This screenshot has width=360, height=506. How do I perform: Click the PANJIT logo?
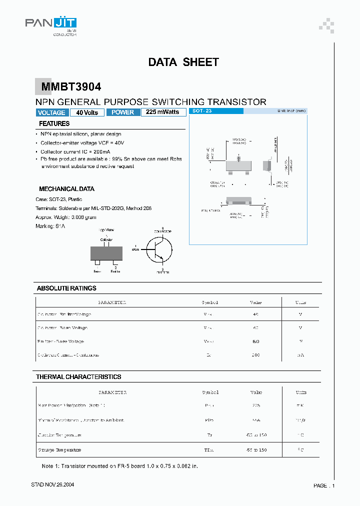click(51, 24)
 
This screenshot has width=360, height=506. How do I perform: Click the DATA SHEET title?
click(183, 62)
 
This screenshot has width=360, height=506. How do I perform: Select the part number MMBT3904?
click(71, 87)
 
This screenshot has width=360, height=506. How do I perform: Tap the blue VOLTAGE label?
click(51, 112)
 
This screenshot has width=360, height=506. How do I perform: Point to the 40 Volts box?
click(87, 112)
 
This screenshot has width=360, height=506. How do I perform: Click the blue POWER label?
click(122, 112)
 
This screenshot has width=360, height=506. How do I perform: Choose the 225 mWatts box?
click(163, 112)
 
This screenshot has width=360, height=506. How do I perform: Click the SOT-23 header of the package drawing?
click(202, 111)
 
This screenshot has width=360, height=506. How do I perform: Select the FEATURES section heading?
click(54, 123)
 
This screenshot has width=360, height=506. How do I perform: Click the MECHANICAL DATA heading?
click(66, 189)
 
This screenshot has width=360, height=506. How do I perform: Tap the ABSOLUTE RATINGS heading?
click(66, 288)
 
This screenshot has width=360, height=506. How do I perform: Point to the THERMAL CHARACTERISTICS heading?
click(78, 377)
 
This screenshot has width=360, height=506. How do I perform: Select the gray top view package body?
click(106, 253)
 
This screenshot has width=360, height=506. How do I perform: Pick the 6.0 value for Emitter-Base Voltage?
click(255, 341)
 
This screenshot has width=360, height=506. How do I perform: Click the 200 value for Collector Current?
click(255, 355)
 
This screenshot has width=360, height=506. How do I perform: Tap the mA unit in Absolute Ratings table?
click(300, 355)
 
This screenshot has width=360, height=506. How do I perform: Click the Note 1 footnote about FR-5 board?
click(120, 466)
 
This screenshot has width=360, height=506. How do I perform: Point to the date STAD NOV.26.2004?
click(53, 485)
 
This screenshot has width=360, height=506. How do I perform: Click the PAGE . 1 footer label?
click(324, 485)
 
